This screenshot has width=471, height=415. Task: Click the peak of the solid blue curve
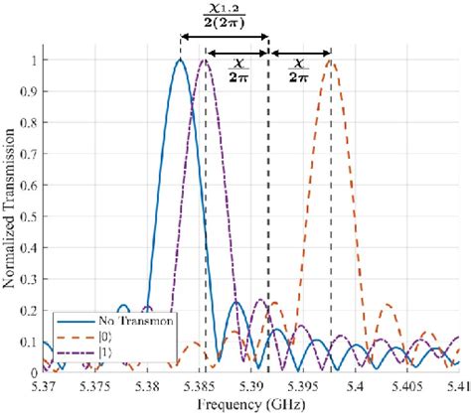[180, 61]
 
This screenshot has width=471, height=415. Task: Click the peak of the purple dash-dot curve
[205, 61]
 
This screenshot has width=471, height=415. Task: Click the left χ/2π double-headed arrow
[236, 53]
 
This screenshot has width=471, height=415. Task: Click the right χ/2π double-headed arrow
[300, 53]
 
